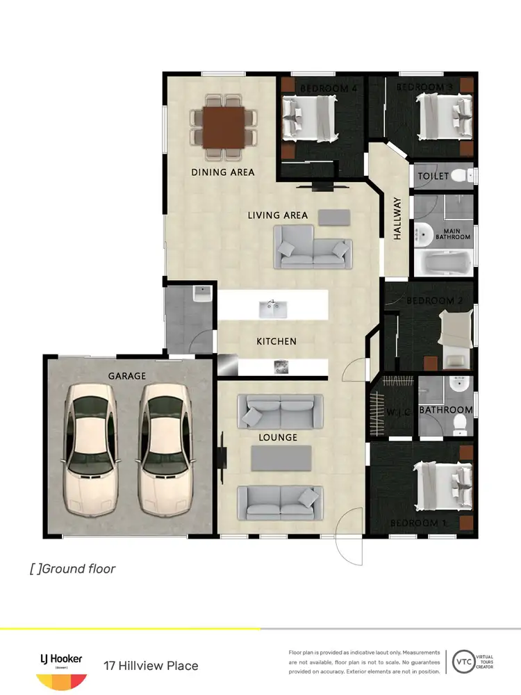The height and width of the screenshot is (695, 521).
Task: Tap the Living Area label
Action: coord(278,215)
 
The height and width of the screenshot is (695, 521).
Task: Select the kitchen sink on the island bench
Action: coord(272,307)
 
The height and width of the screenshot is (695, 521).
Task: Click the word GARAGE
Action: coord(126,376)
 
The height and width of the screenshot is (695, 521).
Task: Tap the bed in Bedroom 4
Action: coord(310,118)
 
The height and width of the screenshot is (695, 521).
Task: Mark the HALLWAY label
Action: coord(398,219)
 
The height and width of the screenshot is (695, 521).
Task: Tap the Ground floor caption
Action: coord(73,569)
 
